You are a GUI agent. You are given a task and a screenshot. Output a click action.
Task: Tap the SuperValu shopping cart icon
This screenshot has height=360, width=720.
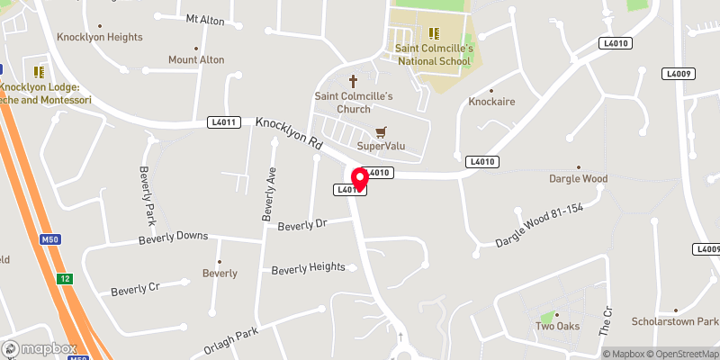(382, 131)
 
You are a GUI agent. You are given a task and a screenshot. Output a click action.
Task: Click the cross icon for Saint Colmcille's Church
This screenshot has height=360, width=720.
(354, 79)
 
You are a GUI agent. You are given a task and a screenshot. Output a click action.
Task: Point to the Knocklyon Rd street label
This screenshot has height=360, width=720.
(288, 132)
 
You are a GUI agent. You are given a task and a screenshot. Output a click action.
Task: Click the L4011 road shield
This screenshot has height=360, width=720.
(225, 121)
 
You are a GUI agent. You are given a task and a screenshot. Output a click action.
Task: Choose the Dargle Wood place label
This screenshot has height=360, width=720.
(579, 178)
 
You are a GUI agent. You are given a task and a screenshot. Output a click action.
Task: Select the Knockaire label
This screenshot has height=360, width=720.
(490, 103)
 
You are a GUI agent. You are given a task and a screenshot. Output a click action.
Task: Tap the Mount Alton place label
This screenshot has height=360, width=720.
(196, 59)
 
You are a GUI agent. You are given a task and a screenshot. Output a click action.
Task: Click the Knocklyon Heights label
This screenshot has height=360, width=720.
(99, 37)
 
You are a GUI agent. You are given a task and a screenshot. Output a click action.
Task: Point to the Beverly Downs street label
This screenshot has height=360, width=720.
(173, 238)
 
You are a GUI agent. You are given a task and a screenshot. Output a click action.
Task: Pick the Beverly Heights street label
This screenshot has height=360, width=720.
(309, 267)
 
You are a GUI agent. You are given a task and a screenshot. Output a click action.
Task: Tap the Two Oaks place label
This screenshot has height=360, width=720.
(557, 326)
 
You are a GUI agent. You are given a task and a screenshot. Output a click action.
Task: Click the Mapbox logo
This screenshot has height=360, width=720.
(41, 348)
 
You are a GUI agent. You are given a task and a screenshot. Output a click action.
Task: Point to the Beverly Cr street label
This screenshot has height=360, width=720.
(135, 290)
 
